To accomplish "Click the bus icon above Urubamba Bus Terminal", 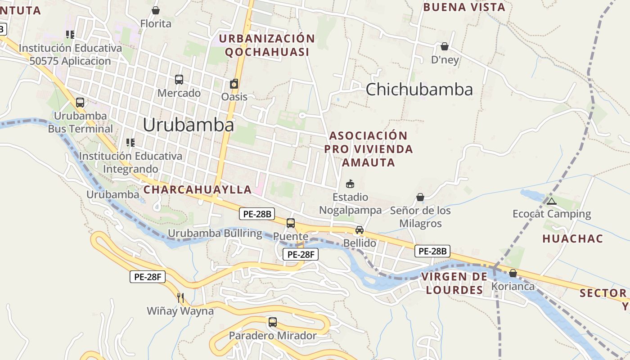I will tap(80, 103).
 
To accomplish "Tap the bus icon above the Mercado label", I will tap(179, 80).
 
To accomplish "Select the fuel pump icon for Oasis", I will tap(234, 84).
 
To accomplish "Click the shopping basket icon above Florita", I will tap(156, 10).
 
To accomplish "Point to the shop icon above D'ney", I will tap(445, 46).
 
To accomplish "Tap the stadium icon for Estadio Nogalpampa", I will tap(350, 184).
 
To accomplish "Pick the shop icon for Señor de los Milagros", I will tap(420, 197).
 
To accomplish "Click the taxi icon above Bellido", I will tap(360, 230).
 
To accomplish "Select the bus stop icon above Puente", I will tap(291, 223).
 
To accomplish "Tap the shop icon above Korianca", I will tap(513, 273).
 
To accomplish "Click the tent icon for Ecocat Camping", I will tap(552, 201).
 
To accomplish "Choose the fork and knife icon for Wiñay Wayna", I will tap(180, 297).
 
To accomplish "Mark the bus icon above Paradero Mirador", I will tap(273, 322).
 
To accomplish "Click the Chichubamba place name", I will tap(419, 90).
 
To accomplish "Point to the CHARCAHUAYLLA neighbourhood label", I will tap(198, 189).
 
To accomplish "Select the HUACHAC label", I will tap(572, 238).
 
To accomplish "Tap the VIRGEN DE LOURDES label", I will tap(454, 283).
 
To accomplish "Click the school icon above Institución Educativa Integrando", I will tap(130, 143).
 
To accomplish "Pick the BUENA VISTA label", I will tap(464, 7).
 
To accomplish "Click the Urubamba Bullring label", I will tap(215, 233).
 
